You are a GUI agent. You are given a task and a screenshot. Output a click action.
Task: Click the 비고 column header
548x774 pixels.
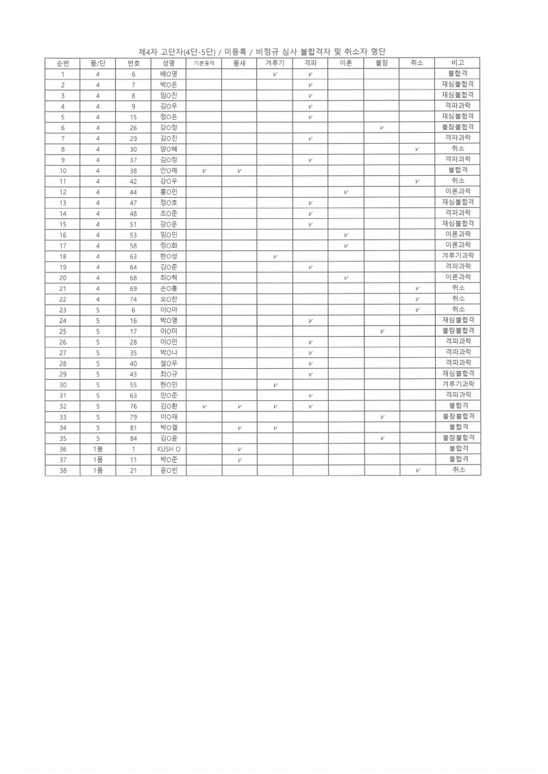coord(457,62)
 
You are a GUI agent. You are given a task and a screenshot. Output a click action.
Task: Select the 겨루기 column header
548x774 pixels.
coord(275,62)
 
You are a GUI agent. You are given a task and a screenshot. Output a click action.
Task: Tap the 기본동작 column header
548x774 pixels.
coord(204,62)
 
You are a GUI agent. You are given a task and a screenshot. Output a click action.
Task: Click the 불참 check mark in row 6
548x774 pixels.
coord(381,127)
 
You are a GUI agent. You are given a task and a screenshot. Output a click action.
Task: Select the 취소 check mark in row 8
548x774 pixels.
coord(416,149)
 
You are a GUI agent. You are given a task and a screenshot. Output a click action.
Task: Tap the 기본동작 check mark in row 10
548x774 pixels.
coord(204,170)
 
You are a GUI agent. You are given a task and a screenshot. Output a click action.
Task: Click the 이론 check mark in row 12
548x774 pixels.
coord(346,192)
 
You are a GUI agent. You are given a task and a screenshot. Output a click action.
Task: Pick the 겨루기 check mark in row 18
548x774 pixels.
coord(275,256)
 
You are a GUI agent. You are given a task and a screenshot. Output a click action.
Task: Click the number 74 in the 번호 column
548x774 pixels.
coord(134,298)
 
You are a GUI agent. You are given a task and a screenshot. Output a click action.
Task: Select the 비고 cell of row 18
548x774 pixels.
coord(457,256)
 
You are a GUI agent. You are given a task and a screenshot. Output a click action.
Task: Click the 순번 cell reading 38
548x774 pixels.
coord(62,470)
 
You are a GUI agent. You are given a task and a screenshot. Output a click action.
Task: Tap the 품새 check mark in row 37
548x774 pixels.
coord(240,459)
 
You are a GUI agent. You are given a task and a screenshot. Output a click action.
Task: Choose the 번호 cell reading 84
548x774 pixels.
coord(134,438)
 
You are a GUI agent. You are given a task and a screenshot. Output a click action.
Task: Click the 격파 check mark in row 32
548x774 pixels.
coord(310,406)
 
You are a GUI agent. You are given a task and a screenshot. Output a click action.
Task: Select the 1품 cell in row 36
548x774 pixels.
coord(98,448)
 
